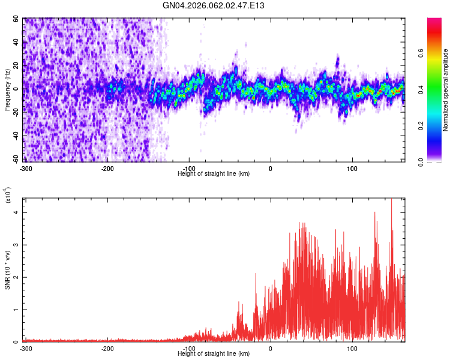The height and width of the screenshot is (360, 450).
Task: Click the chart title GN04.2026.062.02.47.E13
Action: [214, 5]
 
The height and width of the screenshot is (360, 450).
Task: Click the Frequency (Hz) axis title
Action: [7, 90]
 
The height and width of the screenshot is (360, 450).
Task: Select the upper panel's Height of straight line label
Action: [214, 173]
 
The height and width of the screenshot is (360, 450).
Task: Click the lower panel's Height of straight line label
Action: [214, 353]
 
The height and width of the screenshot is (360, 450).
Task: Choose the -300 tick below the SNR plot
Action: [26, 348]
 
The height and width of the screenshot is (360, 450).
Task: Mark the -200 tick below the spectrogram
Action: [107, 168]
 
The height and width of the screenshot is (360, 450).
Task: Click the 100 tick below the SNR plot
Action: [352, 348]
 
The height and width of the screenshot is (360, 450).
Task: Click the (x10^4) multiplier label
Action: [8, 195]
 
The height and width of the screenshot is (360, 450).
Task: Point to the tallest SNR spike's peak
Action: [391, 199]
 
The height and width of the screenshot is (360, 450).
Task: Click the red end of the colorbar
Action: [435, 24]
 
